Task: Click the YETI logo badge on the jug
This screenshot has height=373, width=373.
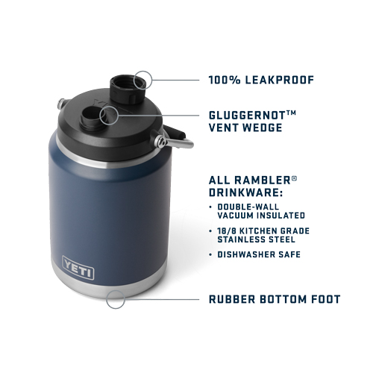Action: coord(78,268)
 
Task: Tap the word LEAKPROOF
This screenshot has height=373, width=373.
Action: coord(280,80)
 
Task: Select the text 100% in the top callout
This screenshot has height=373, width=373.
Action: coord(225,80)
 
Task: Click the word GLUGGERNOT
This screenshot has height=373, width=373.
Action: coord(247,116)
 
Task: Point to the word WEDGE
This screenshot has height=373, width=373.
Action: coord(263,128)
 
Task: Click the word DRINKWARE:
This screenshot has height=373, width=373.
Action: coord(245,192)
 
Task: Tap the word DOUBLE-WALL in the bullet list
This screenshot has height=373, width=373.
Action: coord(248,207)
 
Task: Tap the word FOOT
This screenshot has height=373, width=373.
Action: coord(325,299)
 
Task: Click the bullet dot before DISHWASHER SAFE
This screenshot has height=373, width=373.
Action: coord(210,254)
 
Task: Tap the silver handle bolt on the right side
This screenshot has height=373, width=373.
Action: coord(160,141)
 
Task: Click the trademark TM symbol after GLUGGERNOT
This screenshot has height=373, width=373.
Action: coord(291,113)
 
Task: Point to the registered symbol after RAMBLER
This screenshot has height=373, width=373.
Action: coord(294,178)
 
